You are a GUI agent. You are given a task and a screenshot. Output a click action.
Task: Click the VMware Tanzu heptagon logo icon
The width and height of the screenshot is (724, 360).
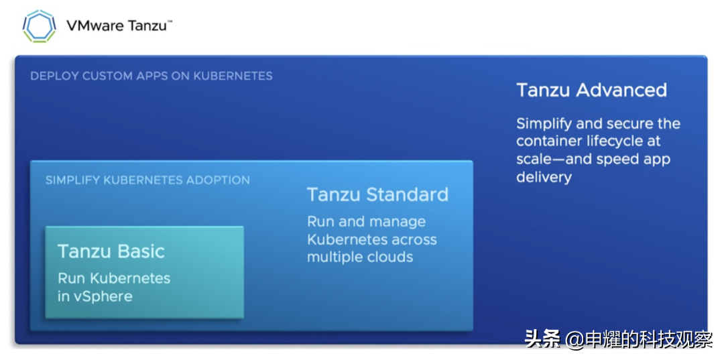tap(40, 26)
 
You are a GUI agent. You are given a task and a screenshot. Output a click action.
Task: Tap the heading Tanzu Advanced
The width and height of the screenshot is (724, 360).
tap(591, 91)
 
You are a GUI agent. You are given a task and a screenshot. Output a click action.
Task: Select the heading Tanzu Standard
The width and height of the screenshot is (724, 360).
tap(377, 195)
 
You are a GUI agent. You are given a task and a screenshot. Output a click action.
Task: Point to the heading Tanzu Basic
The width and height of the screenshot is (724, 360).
tap(111, 251)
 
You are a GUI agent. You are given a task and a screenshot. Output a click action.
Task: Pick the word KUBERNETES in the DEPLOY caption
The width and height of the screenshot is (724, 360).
tap(233, 76)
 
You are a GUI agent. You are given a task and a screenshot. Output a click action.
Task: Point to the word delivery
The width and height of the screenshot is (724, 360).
tap(544, 177)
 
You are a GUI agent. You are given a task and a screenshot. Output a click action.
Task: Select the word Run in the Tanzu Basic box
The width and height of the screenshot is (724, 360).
tap(70, 278)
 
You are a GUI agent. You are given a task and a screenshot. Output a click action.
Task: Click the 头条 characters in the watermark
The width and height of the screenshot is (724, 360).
tap(542, 339)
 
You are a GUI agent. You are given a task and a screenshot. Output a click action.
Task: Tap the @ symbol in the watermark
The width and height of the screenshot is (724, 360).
tap(575, 340)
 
